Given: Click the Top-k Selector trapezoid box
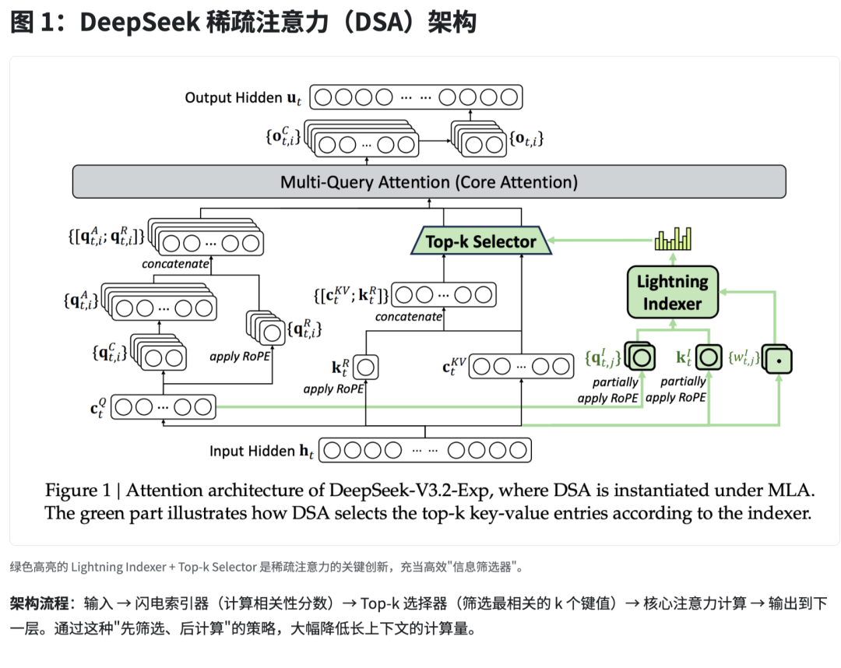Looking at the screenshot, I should pos(480,241).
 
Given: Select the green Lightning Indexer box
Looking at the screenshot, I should pos(672,292).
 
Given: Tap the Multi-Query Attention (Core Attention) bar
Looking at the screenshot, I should pos(429,182).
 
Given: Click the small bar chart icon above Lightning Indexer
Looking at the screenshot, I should pos(673,239).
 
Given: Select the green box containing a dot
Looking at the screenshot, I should pos(776,359).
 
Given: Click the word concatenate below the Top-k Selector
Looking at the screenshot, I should pos(408,317).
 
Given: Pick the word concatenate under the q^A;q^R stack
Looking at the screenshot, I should pos(175,264).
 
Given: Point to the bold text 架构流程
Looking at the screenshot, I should pos(37,603).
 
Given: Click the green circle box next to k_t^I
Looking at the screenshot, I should pos(709,358).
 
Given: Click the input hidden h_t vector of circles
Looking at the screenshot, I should pos(425,451).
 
